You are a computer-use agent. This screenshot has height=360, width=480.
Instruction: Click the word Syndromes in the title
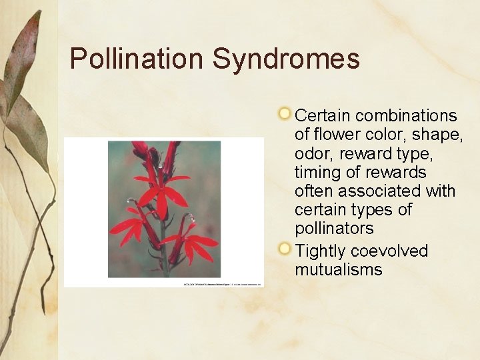(x=286, y=59)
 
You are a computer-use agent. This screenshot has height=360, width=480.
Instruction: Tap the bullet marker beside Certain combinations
(x=285, y=112)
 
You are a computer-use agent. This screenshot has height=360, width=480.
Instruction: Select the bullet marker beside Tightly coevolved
(x=285, y=249)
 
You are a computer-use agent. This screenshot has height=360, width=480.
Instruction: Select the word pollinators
(x=334, y=229)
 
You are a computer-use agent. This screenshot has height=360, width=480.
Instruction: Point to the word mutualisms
(x=339, y=270)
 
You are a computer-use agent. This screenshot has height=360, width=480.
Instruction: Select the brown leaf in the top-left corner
(x=23, y=53)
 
